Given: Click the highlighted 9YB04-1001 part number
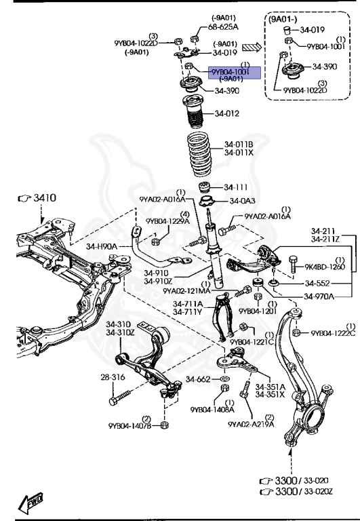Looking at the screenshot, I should pyautogui.click(x=231, y=71).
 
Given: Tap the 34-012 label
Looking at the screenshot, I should pyautogui.click(x=227, y=113).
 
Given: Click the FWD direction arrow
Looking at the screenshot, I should pyautogui.click(x=33, y=502).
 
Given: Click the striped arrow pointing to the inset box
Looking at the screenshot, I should pyautogui.click(x=252, y=47).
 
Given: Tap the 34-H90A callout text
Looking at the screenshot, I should pyautogui.click(x=102, y=246).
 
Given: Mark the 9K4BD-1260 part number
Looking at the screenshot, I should pyautogui.click(x=325, y=267).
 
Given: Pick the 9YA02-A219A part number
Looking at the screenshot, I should pyautogui.click(x=251, y=425).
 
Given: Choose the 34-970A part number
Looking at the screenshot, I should pyautogui.click(x=320, y=296).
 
